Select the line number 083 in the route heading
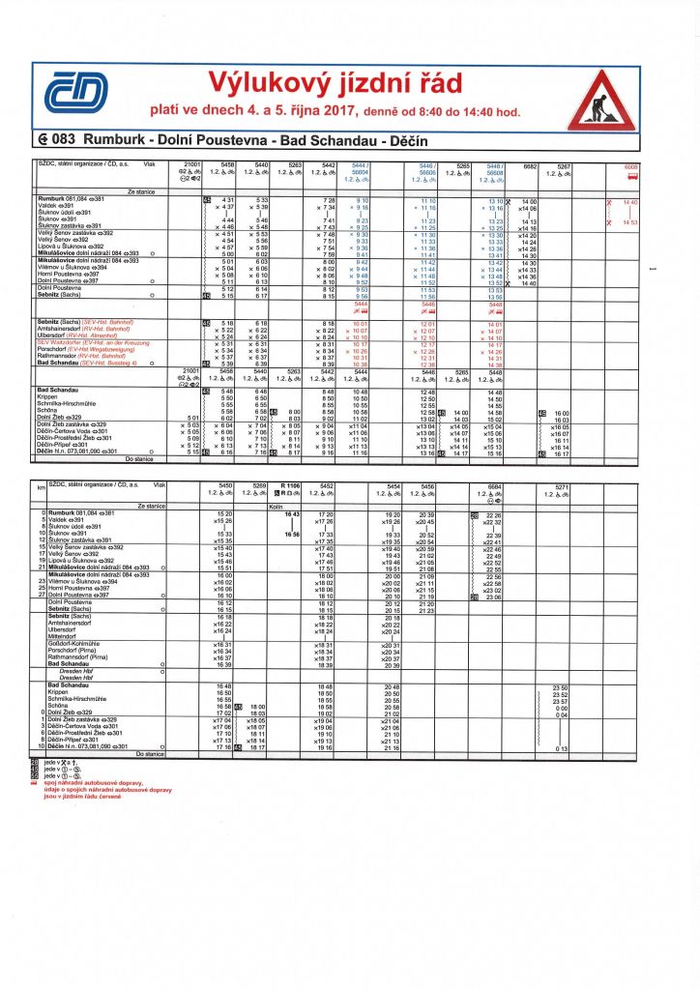click(x=60, y=141)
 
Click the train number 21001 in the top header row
click(x=190, y=165)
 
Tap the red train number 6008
click(x=631, y=166)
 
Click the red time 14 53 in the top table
click(x=631, y=222)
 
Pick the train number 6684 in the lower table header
click(x=496, y=485)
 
